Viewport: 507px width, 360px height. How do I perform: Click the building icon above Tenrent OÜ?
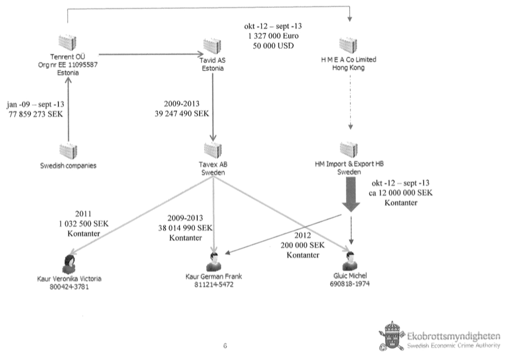[x=67, y=43]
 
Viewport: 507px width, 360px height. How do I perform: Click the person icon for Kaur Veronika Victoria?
[x=69, y=264]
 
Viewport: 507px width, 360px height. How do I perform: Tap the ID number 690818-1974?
[x=349, y=283]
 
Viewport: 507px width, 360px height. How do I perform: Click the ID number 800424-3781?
[x=69, y=287]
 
